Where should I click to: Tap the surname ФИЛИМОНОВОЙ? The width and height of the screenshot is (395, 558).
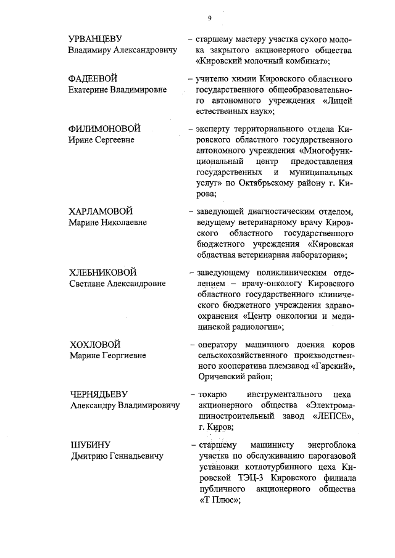coord(104,129)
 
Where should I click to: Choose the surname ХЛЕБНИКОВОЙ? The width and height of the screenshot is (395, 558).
coord(102,273)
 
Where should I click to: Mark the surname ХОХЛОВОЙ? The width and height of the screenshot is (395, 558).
coord(94,344)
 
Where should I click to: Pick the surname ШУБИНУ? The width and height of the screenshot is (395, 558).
coord(88,445)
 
